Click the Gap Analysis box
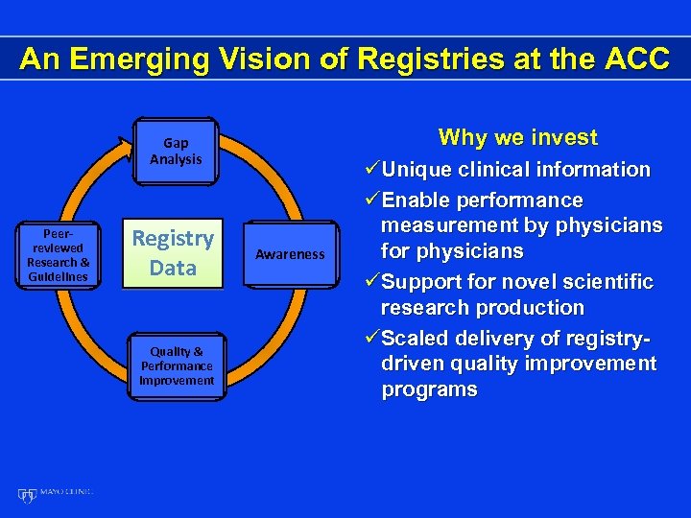(176, 151)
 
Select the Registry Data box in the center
(173, 253)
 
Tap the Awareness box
(290, 255)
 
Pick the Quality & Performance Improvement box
(177, 365)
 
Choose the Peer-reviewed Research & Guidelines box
(58, 255)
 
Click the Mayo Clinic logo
(56, 493)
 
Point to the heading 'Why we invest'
(517, 137)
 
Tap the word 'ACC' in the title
(635, 59)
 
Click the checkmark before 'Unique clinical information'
(370, 170)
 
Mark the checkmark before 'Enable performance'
(370, 201)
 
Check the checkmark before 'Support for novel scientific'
(370, 283)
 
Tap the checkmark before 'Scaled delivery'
(370, 340)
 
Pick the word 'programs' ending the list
(428, 389)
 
